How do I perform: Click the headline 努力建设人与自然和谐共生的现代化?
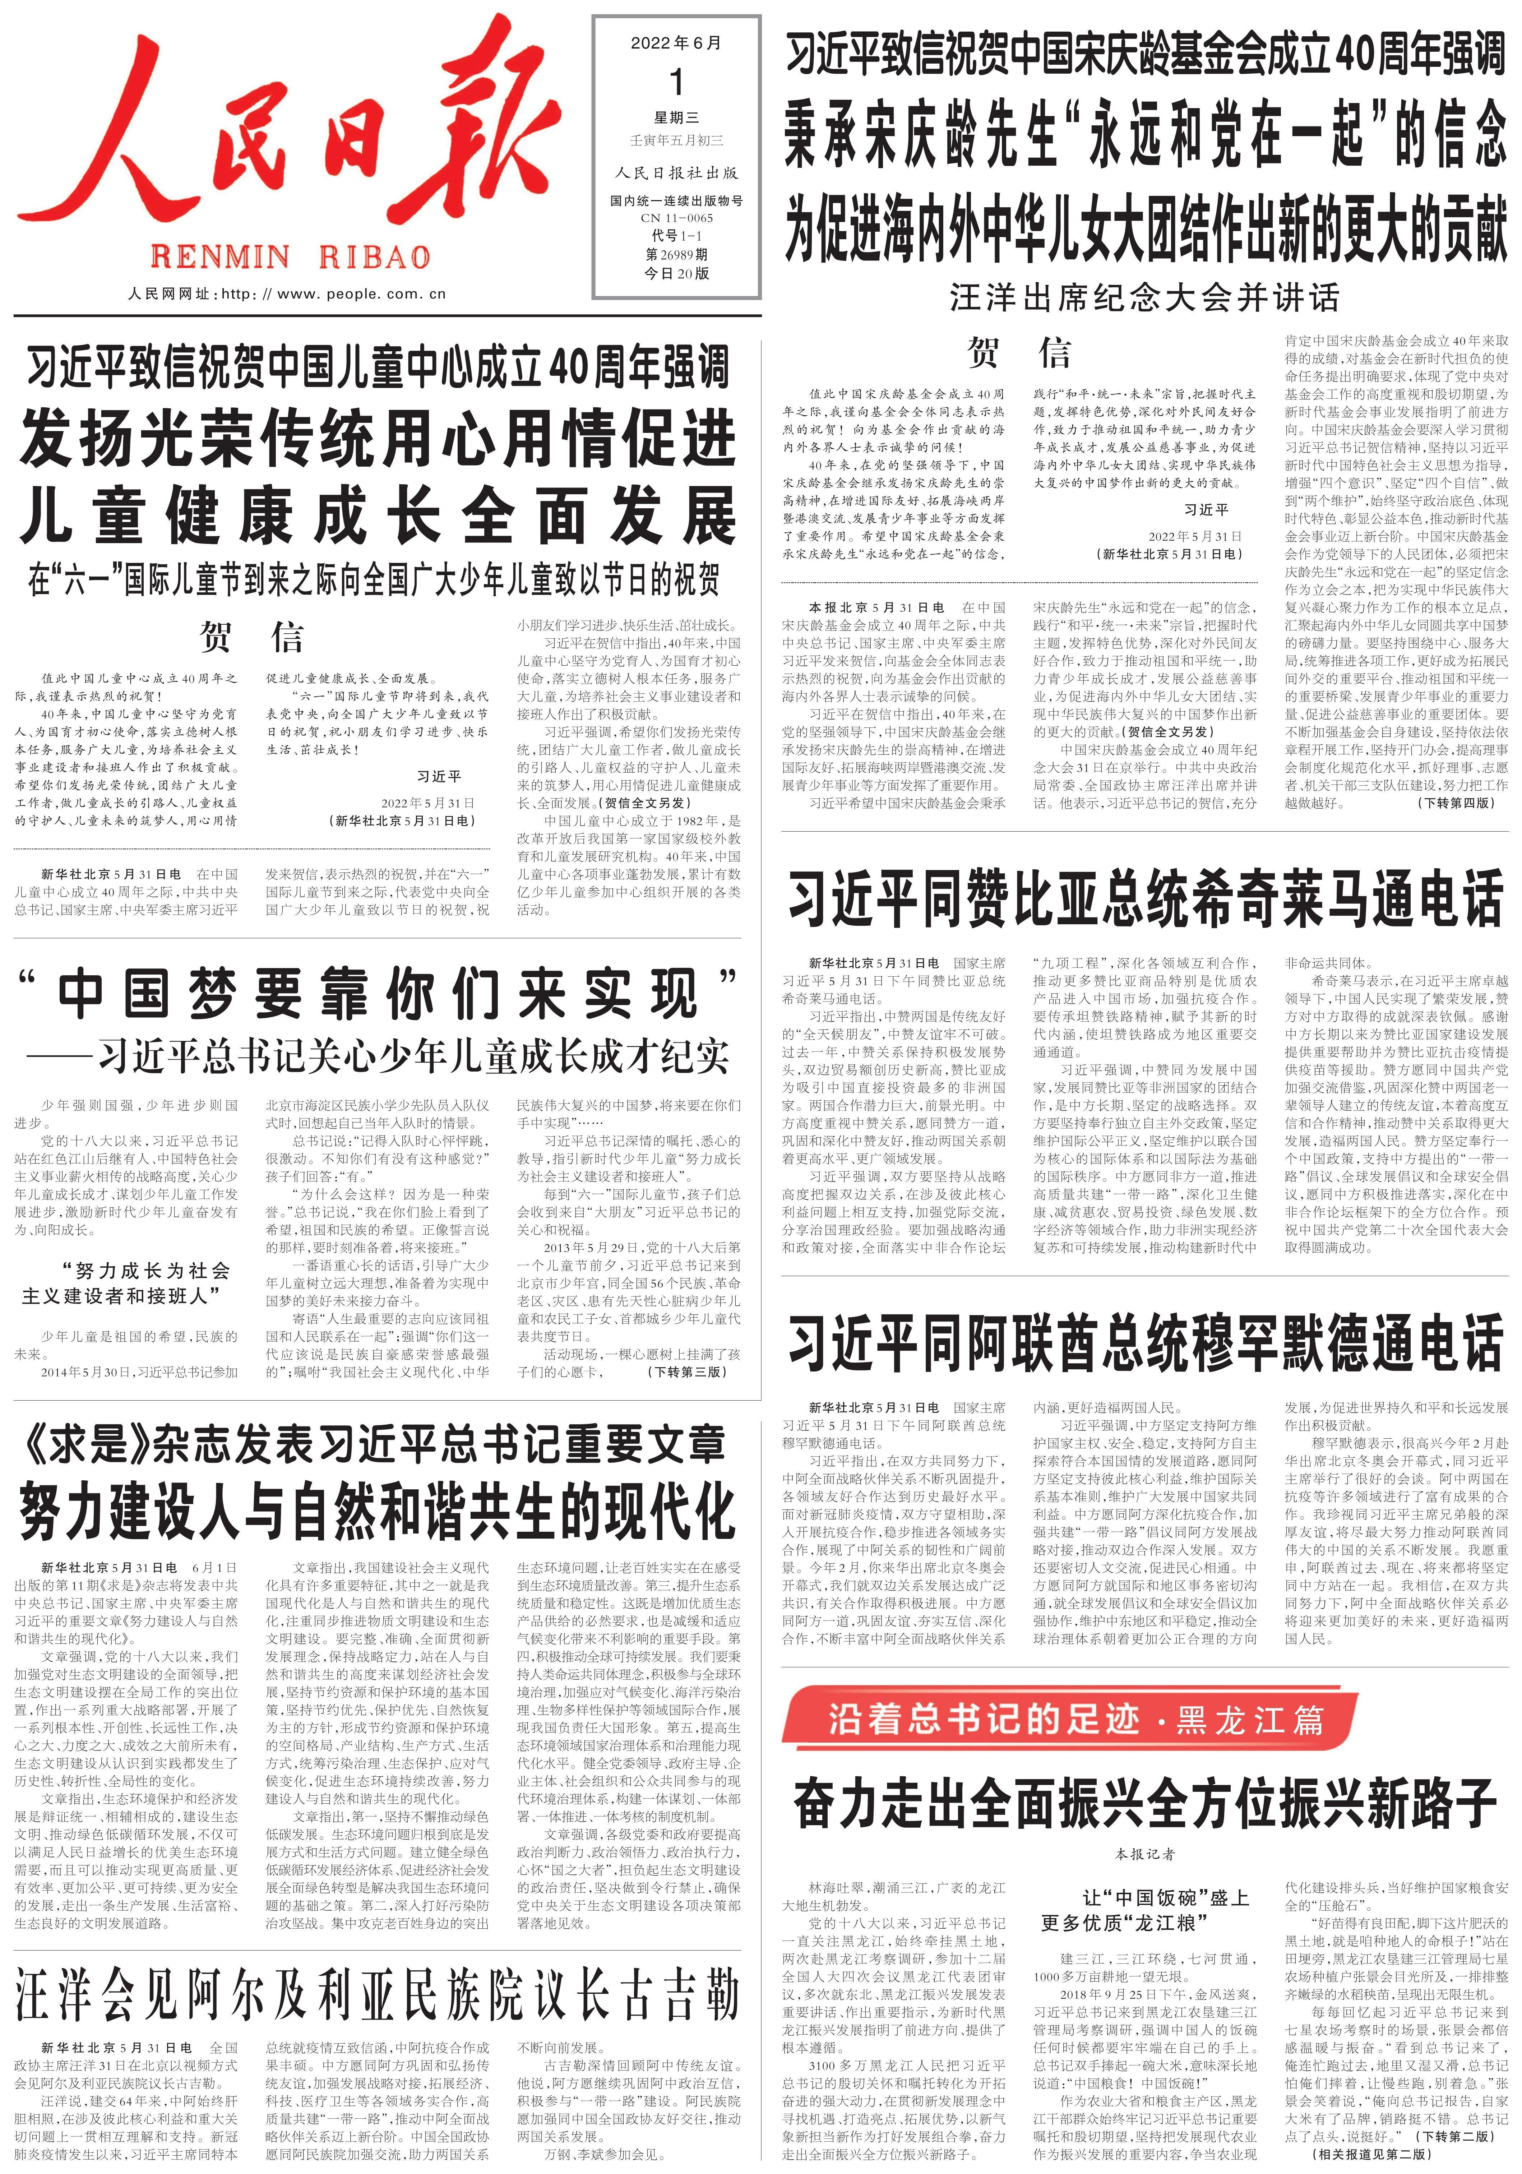(377, 1512)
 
